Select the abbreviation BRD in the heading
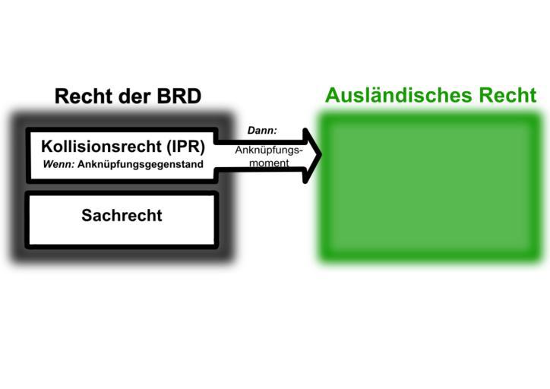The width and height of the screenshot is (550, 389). (x=177, y=96)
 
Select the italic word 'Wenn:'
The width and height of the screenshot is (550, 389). (x=58, y=164)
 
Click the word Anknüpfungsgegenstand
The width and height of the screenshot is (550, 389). (x=141, y=164)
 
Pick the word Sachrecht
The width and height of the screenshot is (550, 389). (x=122, y=216)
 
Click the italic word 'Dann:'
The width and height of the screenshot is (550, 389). (x=262, y=131)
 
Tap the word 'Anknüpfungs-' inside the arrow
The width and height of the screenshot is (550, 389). (x=268, y=150)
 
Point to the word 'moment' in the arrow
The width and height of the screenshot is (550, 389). (x=269, y=163)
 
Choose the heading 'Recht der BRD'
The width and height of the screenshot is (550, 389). (x=128, y=96)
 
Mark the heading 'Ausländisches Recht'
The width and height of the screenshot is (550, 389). (x=431, y=96)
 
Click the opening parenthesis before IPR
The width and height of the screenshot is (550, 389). (x=166, y=146)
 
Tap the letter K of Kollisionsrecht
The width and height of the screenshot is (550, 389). (x=46, y=146)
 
